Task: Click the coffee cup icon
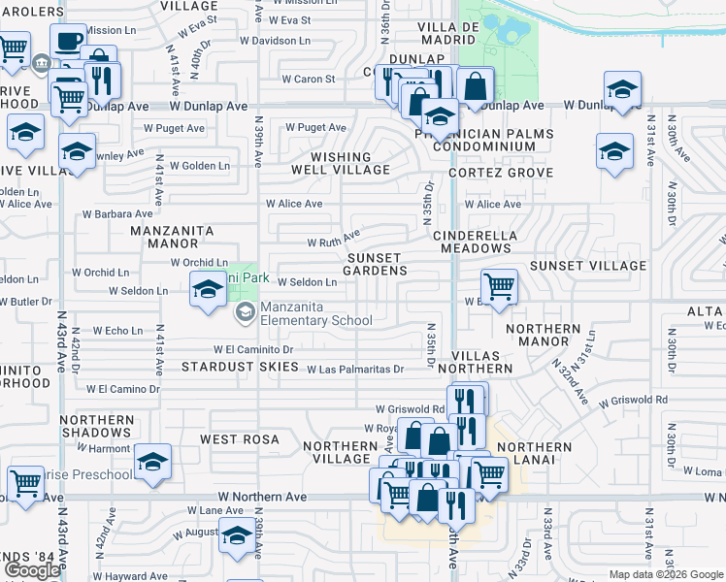click(x=68, y=43)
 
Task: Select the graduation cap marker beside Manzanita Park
click(x=208, y=290)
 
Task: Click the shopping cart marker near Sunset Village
click(x=499, y=286)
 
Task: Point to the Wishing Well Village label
click(x=340, y=163)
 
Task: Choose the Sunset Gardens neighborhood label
click(x=377, y=264)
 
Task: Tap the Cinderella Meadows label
click(x=473, y=242)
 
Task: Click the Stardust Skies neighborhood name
click(x=241, y=367)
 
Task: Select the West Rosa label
click(x=240, y=439)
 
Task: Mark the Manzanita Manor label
click(x=173, y=237)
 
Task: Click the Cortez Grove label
click(x=501, y=173)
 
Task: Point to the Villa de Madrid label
click(x=449, y=34)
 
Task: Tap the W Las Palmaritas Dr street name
click(x=354, y=370)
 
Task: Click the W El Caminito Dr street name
click(x=253, y=349)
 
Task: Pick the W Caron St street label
click(x=308, y=80)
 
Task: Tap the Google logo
click(x=32, y=570)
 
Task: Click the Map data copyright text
click(x=666, y=574)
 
